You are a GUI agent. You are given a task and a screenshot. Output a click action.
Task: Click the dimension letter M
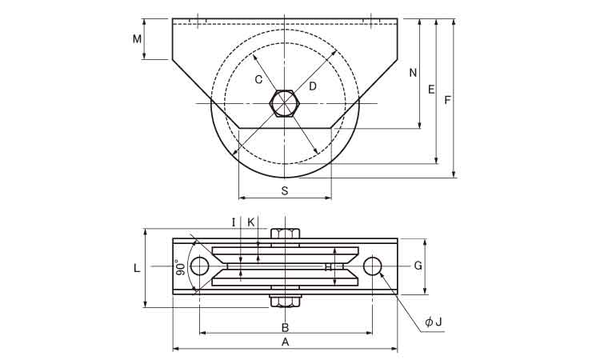point(137,38)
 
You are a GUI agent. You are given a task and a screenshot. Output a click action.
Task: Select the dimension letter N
point(413,73)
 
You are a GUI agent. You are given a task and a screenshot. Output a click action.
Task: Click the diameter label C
point(258,79)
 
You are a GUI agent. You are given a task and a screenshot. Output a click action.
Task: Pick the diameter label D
point(312,86)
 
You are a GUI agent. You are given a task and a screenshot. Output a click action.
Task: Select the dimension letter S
point(285,190)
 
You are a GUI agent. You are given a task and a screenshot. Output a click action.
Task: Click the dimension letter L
point(138,268)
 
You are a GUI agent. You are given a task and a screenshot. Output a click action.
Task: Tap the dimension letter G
point(418,266)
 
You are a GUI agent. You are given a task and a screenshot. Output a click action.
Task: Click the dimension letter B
point(285,327)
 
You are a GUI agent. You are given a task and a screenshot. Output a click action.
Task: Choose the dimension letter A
point(285,342)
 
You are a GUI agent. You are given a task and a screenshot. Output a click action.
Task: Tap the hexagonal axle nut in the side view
point(285,104)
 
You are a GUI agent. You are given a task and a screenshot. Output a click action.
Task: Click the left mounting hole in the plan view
point(199,266)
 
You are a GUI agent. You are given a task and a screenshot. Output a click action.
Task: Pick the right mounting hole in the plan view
point(372,266)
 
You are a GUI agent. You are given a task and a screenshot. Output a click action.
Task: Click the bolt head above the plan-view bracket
point(285,234)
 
